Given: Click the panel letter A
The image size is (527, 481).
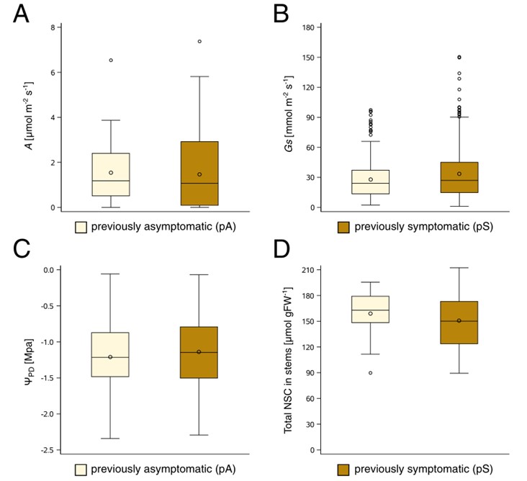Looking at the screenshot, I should click(x=21, y=14).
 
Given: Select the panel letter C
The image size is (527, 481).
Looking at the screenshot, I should click(x=21, y=248).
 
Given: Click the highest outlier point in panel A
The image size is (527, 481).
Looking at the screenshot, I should click(x=199, y=42).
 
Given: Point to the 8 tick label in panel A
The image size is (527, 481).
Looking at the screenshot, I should click(x=51, y=28).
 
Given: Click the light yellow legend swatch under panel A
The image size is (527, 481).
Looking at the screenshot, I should click(x=83, y=227).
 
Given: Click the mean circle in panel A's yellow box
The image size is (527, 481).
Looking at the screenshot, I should click(x=111, y=173).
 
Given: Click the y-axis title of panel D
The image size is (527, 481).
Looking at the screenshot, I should click(x=290, y=360).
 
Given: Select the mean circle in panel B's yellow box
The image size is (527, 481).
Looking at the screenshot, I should click(x=371, y=179).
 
